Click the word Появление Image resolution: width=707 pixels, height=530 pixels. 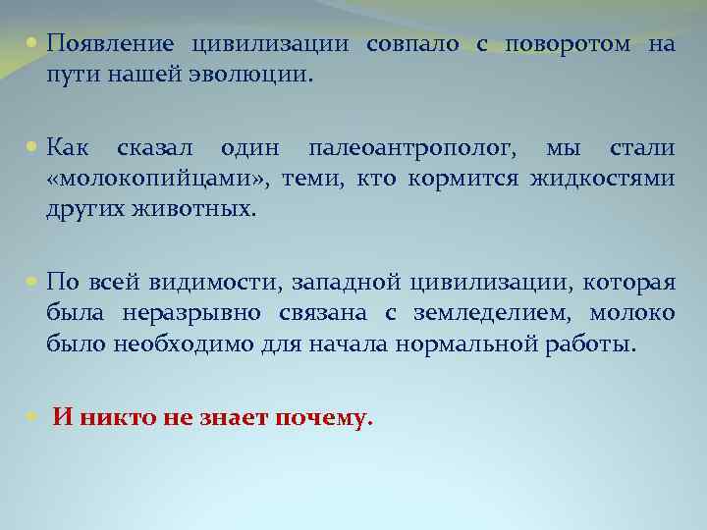(110, 45)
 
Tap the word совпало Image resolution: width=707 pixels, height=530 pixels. (411, 45)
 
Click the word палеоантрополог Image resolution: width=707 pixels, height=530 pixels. (410, 149)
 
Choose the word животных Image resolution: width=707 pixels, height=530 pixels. (201, 208)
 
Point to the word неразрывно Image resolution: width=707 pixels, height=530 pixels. (182, 313)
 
